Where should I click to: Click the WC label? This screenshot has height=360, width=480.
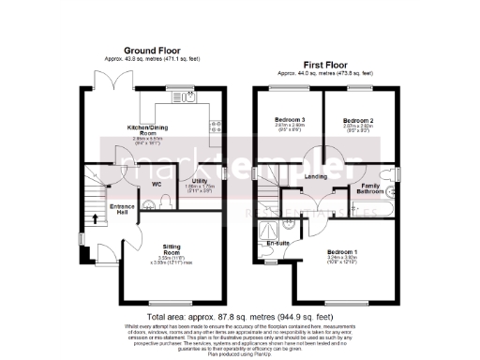pos(157,185)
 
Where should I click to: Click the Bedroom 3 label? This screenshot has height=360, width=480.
pos(289,121)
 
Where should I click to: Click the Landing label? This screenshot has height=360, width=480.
pos(315,176)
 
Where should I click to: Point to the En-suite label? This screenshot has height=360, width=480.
pos(277,243)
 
